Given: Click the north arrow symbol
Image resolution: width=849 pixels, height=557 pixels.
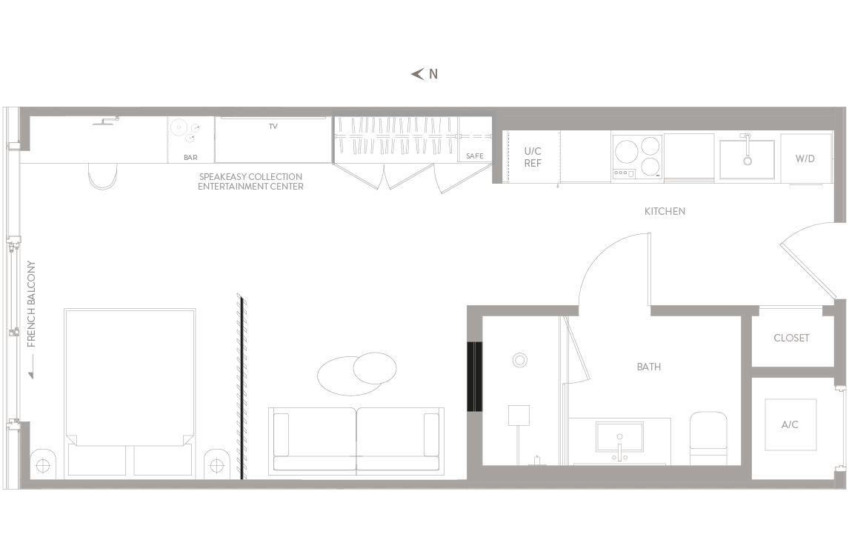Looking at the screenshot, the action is coord(417,74).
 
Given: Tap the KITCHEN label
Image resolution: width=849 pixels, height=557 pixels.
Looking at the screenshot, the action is coord(665,211).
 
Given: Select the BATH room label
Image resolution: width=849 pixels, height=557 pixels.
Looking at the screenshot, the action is coord(649,367).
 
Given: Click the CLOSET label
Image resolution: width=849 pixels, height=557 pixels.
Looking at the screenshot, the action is coord(791,338).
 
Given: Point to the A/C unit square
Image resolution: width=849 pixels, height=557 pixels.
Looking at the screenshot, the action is coord(790,425).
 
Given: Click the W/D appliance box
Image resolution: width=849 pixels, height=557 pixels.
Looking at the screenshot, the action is coord(805,159).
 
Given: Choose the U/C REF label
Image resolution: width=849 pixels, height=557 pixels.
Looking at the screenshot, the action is coord(533,157).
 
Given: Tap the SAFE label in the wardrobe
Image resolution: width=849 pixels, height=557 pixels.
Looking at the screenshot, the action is coord(474,156).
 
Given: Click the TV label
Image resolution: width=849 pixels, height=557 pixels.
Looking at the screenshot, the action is coord(273,126).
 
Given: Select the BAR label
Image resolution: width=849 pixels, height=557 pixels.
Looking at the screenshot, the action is coord(190,158).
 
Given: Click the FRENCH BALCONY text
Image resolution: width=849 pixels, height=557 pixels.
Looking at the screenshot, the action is coord(31,304).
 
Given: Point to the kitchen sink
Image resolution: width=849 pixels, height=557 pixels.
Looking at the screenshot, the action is coord(747,159).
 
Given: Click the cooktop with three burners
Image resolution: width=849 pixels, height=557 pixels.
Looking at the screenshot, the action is coord(637,157).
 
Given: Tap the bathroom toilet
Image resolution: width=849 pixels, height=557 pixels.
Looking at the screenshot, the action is coord(708,438).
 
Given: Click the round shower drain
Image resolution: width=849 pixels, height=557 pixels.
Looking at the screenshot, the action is coord(520,360).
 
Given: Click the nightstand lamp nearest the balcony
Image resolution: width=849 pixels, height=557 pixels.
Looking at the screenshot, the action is coord(43,464).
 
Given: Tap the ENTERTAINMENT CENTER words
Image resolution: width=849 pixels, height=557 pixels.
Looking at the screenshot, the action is coord(250,187).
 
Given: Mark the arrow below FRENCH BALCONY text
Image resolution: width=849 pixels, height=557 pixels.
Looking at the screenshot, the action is coord(31,367).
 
